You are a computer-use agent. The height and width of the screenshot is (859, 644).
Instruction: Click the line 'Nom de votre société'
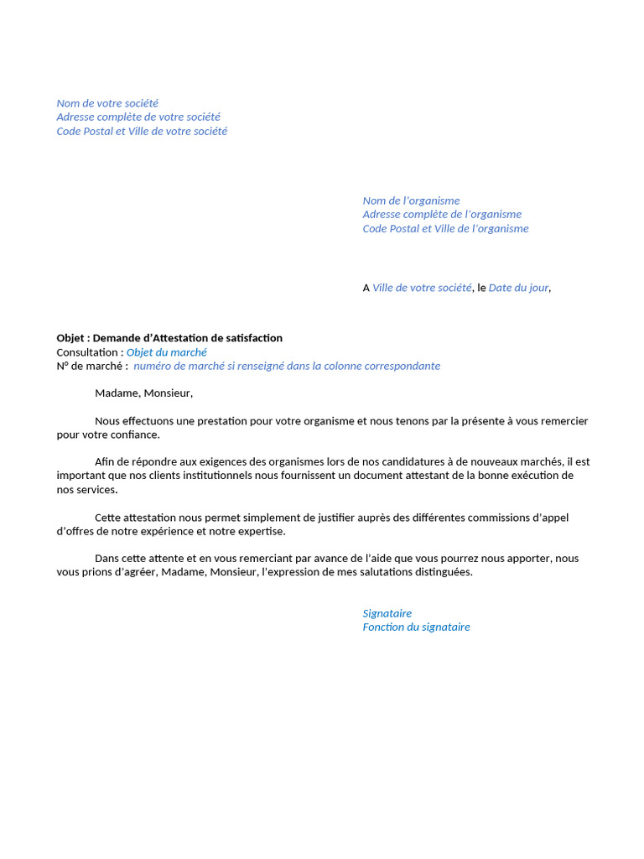pyautogui.click(x=107, y=103)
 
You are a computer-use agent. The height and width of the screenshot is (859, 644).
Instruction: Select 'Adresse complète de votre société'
pyautogui.click(x=138, y=117)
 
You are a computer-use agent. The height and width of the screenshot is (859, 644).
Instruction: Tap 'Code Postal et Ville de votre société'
pyautogui.click(x=142, y=132)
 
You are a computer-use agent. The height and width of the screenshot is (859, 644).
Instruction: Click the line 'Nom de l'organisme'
pyautogui.click(x=411, y=200)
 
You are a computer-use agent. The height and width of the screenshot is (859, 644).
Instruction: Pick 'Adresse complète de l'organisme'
pyautogui.click(x=442, y=215)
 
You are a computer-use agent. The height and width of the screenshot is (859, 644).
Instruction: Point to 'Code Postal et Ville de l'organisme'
pyautogui.click(x=445, y=229)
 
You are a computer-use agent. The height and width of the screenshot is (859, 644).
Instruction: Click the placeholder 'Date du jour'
pyautogui.click(x=518, y=288)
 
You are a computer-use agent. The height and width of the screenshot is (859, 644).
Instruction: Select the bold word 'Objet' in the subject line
pyautogui.click(x=71, y=338)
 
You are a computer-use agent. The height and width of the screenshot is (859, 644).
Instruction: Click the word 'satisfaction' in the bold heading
pyautogui.click(x=252, y=338)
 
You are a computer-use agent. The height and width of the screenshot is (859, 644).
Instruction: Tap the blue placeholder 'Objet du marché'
pyautogui.click(x=166, y=352)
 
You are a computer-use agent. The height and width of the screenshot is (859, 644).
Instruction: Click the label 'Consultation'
pyautogui.click(x=89, y=352)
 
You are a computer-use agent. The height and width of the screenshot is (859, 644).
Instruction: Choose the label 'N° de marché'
pyautogui.click(x=91, y=367)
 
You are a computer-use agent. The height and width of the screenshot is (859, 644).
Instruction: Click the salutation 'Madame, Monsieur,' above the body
pyautogui.click(x=143, y=393)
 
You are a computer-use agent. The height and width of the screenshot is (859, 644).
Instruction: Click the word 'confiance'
pyautogui.click(x=134, y=435)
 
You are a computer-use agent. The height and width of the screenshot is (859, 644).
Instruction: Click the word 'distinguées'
pyautogui.click(x=443, y=572)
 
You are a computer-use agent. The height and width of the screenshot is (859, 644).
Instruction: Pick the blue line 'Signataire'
pyautogui.click(x=387, y=613)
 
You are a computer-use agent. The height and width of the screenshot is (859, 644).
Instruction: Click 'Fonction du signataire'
pyautogui.click(x=416, y=627)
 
